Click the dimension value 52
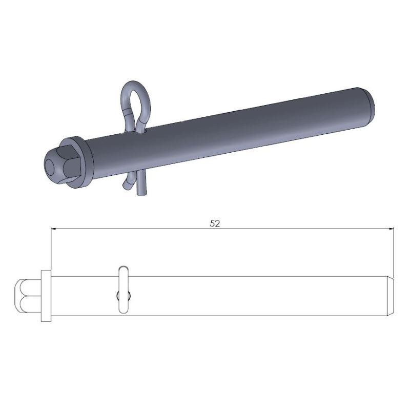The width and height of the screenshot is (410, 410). coord(215,224)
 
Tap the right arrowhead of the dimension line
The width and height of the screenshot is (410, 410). coord(392,229)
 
